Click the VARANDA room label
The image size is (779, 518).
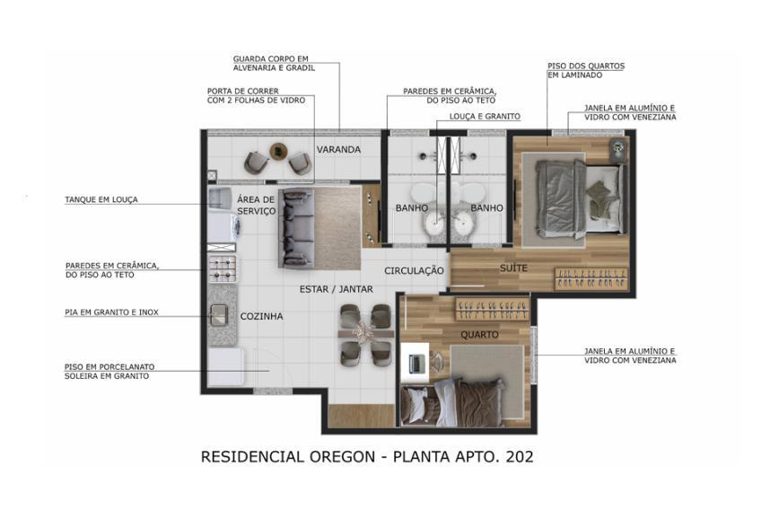coord(338,149)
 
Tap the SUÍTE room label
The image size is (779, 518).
coord(513,268)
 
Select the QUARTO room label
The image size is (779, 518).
coord(479,335)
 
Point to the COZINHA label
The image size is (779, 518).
coord(261,316)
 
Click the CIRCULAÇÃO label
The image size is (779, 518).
coord(414,270)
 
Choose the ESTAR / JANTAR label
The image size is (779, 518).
coord(337,289)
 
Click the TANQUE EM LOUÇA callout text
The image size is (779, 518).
coord(101,199)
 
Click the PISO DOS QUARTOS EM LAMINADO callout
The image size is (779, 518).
coord(586,70)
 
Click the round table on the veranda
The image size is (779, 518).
coord(278,151)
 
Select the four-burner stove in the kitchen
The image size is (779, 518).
coord(223,266)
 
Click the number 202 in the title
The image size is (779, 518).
coord(517,457)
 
